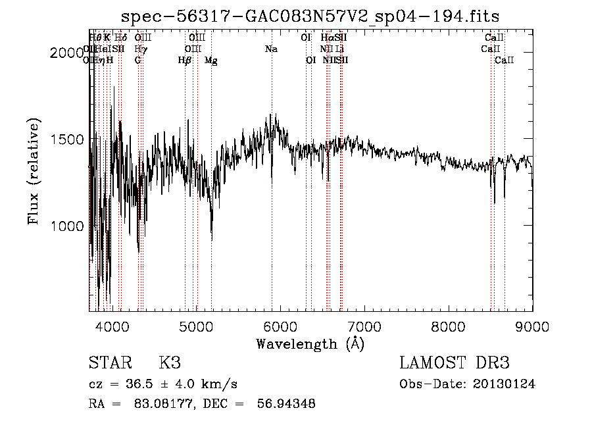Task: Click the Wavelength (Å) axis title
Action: point(310,343)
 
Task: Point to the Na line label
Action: point(271,49)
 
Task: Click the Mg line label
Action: point(211,61)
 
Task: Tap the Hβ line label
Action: point(185,61)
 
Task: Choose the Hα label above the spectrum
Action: point(327,38)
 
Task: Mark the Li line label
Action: point(339,49)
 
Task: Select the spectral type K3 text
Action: point(169,363)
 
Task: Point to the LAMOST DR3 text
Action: point(455,363)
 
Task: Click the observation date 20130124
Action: point(505,384)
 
